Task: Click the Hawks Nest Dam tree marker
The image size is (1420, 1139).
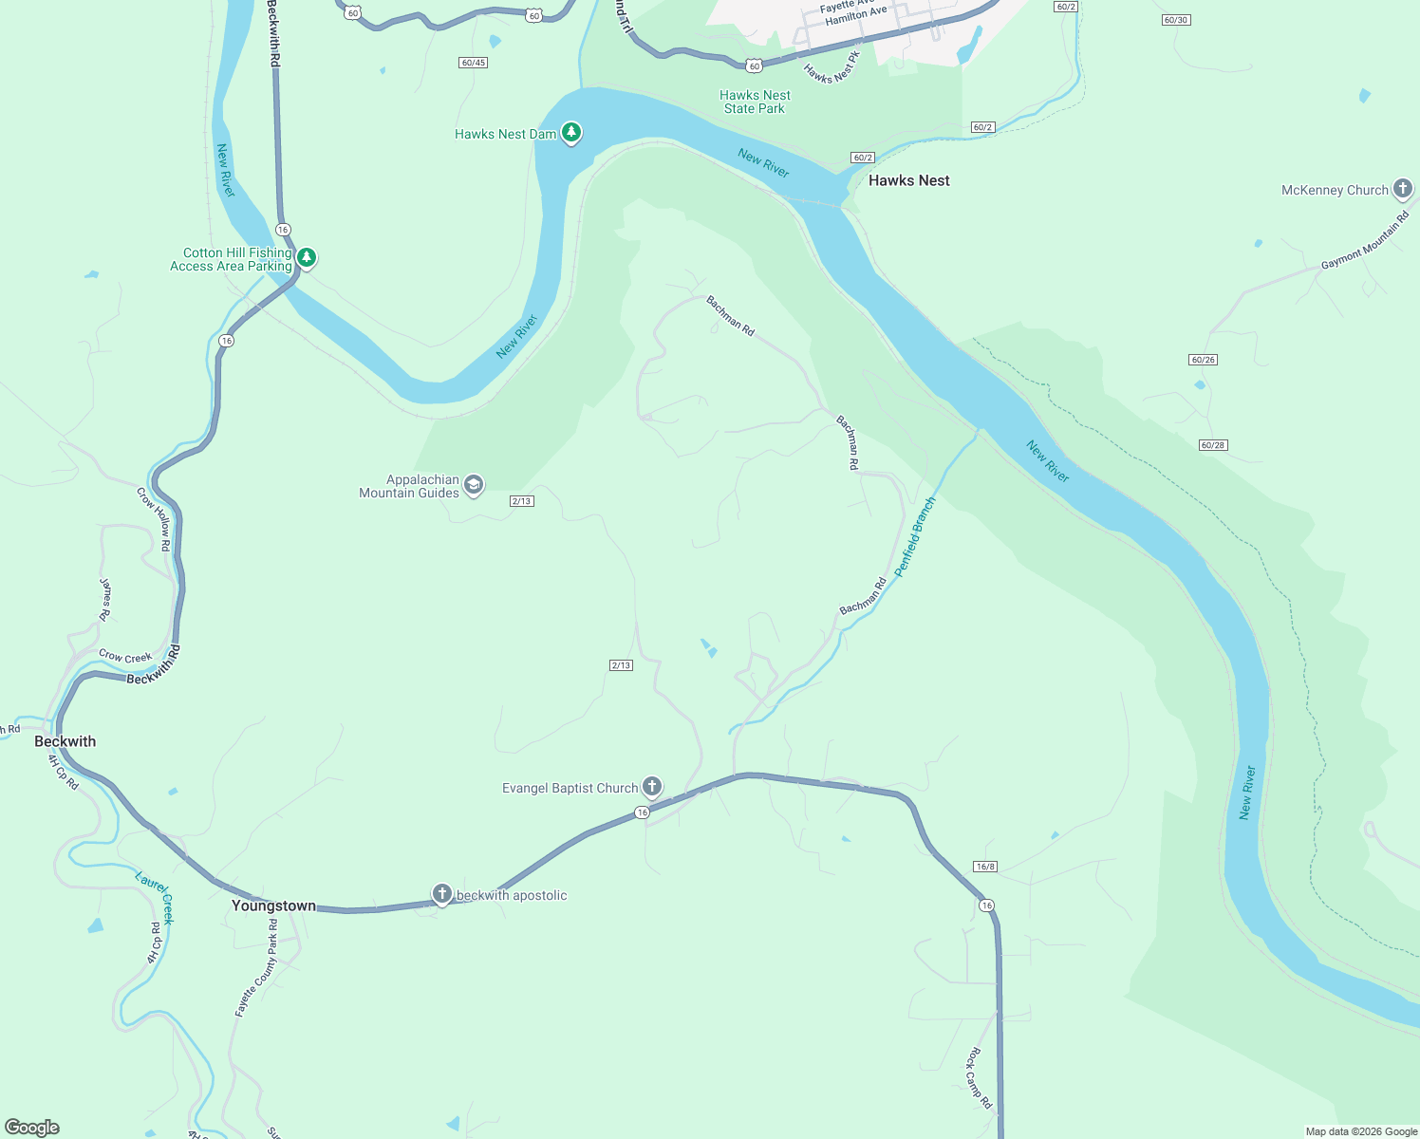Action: tap(570, 133)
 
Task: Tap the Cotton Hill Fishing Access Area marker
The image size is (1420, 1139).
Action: tap(307, 258)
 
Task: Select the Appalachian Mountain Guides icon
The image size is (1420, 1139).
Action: tap(474, 486)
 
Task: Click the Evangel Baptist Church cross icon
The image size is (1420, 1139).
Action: tap(652, 787)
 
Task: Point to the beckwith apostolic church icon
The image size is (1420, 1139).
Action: tap(442, 894)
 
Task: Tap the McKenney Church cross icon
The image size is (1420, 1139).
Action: tap(1403, 190)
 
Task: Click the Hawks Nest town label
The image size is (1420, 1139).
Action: tap(908, 180)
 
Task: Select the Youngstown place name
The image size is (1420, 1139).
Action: tap(273, 906)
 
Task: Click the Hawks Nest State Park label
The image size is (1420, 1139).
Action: tap(755, 102)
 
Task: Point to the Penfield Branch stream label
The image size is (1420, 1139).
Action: tap(915, 536)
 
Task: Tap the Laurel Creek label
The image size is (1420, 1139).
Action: tap(155, 897)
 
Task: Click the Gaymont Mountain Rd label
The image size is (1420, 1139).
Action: tap(1365, 241)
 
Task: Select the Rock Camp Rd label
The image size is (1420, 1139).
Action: tap(980, 1078)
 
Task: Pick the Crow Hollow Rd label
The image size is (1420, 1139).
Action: tap(154, 519)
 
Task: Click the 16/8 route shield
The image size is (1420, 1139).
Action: tap(985, 867)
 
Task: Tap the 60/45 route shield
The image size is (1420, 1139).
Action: tap(473, 63)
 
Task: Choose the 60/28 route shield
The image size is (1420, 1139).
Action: tap(1213, 445)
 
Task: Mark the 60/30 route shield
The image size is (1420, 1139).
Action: tap(1175, 20)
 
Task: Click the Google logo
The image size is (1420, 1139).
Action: tap(32, 1127)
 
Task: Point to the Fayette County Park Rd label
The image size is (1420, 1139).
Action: tap(256, 968)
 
